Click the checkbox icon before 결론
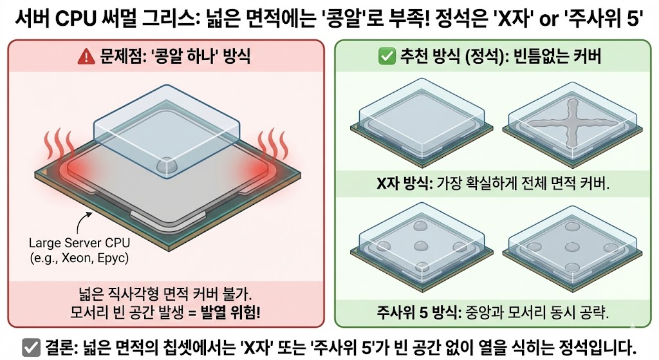(x=31, y=345)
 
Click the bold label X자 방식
(x=403, y=184)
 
